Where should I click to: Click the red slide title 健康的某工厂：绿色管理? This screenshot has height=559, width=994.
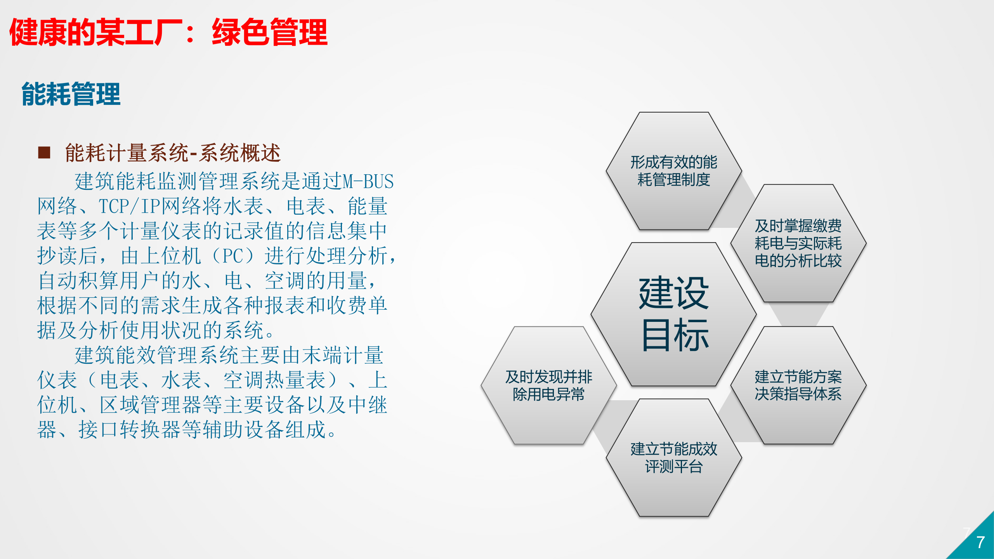pos(168,32)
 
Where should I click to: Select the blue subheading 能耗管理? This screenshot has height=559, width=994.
pos(71,94)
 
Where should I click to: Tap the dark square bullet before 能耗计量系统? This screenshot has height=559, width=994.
pos(44,153)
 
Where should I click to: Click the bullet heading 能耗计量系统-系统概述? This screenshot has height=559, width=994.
pos(173,153)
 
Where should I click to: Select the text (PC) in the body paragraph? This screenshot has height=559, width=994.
pos(232,256)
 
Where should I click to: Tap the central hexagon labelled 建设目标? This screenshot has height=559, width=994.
pos(674,314)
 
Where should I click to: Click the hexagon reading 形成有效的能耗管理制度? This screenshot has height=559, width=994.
pos(674,171)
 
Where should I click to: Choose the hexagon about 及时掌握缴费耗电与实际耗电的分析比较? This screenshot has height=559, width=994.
pos(798,243)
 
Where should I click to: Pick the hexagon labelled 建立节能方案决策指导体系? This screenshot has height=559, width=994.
pos(798,385)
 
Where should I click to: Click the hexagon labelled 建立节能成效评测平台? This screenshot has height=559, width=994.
pos(674,458)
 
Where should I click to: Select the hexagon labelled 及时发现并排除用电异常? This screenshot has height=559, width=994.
pos(548,385)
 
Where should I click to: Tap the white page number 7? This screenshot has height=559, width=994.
pos(980,542)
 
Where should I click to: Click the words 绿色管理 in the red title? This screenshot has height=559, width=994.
pos(269,32)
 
